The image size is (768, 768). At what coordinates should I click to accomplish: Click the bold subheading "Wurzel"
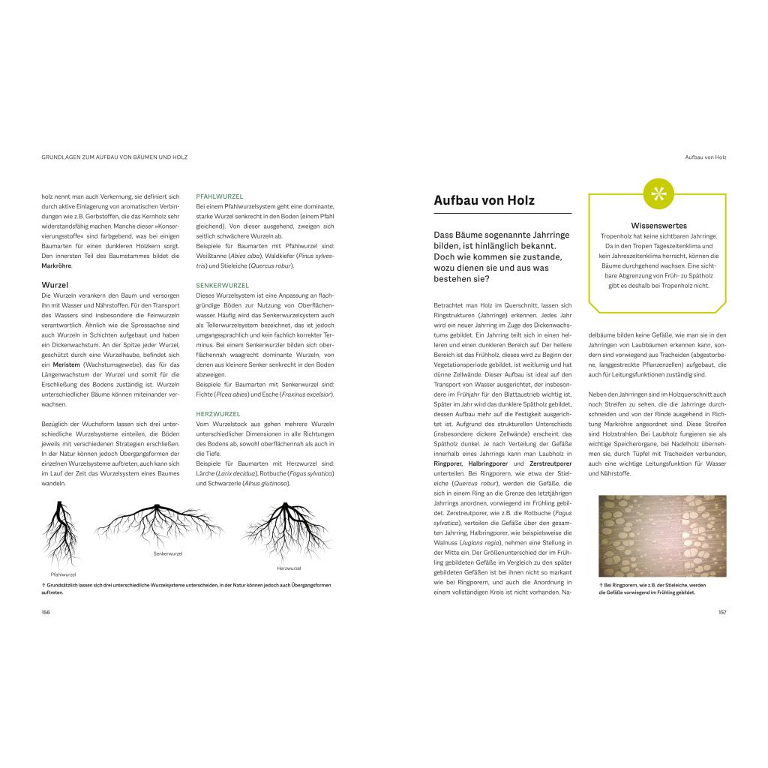pos(55,285)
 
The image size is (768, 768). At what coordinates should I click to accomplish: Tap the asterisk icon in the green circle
pos(658,193)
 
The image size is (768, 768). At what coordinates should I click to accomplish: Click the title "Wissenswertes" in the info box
pos(658,226)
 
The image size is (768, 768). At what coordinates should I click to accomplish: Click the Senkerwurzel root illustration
pos(159,524)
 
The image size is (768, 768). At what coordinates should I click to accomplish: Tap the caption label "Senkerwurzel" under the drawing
pos(168,553)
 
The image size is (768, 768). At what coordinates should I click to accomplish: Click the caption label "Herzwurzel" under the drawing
pos(288,568)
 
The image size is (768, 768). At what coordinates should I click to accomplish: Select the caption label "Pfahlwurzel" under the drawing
pos(64,574)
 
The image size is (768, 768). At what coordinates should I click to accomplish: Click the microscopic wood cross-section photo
pos(662,535)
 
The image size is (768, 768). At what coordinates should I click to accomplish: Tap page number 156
pos(46,612)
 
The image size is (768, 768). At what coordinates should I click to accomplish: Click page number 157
pos(721,612)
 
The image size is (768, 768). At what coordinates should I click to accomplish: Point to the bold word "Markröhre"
pos(56,266)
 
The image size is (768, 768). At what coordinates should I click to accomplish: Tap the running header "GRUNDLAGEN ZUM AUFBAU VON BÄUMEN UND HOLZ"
pos(114,157)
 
